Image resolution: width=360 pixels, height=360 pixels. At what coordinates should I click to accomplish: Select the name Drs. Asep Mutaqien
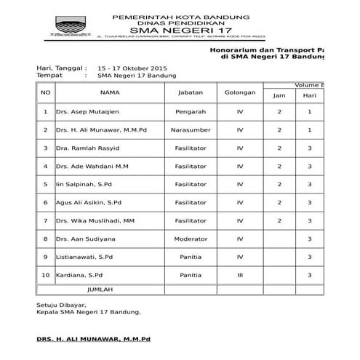click(84, 112)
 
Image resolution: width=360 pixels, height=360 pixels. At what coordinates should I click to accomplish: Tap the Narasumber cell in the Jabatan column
click(191, 130)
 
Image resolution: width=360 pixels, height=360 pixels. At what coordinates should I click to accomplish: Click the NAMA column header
click(109, 92)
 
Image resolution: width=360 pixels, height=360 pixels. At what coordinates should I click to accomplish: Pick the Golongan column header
click(240, 92)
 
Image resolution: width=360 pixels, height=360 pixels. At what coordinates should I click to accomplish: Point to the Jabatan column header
click(191, 92)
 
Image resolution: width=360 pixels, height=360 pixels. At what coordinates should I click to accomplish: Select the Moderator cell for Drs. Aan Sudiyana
click(191, 238)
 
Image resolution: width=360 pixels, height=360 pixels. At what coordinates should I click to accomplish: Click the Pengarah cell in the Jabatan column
click(191, 112)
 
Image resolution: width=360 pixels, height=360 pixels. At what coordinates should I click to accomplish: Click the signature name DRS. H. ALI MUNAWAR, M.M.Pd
click(93, 339)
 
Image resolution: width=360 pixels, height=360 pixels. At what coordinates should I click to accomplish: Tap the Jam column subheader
click(279, 95)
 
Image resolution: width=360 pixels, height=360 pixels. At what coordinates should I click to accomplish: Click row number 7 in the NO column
click(46, 220)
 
